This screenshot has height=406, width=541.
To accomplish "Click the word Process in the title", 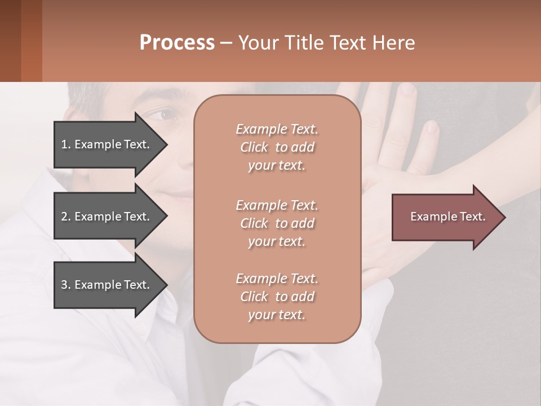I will [x=177, y=43].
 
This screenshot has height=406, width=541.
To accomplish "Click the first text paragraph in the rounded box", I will [x=277, y=147].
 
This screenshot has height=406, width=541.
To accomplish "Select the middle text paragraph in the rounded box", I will [x=277, y=223].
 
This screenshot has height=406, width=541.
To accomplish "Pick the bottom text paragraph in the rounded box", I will [x=277, y=297].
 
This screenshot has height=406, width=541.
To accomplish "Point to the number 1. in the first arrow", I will [x=66, y=144].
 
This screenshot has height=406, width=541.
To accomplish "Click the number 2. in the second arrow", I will [x=66, y=217].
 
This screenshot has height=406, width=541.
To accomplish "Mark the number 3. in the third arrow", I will [x=66, y=285].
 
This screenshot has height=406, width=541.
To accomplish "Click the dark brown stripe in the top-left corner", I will [x=10, y=41].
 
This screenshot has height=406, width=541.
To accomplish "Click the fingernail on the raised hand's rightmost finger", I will [x=432, y=127].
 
